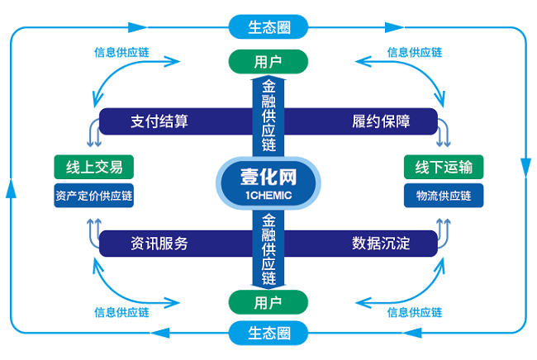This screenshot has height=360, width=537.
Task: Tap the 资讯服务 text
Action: [159, 244]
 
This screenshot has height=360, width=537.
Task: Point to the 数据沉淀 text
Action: [382, 244]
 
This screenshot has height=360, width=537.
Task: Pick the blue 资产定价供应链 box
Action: [94, 197]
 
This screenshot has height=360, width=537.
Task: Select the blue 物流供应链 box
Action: [444, 197]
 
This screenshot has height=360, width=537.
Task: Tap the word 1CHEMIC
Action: [268, 195]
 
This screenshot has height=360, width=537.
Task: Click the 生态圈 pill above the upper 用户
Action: [268, 26]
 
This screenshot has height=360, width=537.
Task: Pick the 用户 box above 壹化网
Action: [268, 61]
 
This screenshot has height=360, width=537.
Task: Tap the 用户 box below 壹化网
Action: [268, 301]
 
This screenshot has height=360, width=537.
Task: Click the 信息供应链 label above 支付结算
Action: [122, 52]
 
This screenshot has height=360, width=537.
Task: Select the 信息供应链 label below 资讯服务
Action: [122, 312]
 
